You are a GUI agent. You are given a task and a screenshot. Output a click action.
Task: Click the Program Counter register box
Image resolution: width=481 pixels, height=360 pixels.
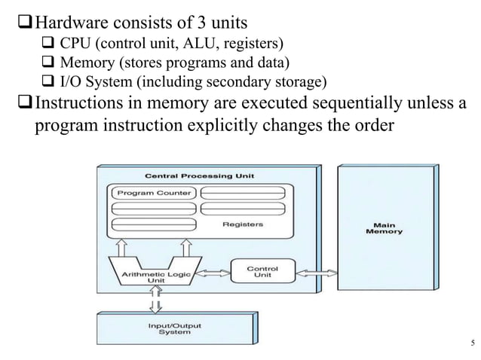point(153,193)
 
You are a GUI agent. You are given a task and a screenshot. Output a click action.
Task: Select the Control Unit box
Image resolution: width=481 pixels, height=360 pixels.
point(262,272)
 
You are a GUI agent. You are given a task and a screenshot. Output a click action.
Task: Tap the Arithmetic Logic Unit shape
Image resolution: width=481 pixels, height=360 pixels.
point(155,273)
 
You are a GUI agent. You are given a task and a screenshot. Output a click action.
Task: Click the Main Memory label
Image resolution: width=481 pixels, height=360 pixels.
point(384,227)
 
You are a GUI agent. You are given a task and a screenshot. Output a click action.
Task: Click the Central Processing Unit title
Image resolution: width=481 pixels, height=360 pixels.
point(200,175)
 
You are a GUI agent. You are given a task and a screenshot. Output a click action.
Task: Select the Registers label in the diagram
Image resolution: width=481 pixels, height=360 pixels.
point(243,224)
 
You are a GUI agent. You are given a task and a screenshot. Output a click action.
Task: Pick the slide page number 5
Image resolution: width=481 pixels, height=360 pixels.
point(471,345)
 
